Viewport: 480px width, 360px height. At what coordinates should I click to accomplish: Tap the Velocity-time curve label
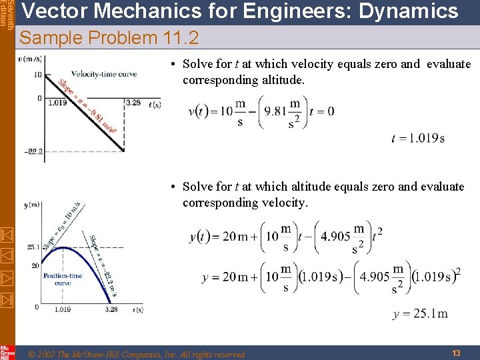coord(104,73)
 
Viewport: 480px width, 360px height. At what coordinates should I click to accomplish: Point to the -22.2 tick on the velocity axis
coord(33,151)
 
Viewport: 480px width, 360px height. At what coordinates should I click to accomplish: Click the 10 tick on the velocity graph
coord(38,74)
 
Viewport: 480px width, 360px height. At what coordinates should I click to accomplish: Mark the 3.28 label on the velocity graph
coord(133,103)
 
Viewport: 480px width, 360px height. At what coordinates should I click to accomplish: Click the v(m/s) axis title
coord(29,59)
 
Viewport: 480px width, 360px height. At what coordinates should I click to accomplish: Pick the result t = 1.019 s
coord(418,139)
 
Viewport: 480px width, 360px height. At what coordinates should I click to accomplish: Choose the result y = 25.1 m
coord(420,314)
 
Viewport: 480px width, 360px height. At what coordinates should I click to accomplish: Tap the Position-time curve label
coord(63,279)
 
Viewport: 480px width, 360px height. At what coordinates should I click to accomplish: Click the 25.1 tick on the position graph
coord(33,247)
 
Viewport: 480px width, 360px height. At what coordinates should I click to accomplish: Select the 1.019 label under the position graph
coord(63,310)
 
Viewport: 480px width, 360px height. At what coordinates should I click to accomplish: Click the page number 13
coord(456,353)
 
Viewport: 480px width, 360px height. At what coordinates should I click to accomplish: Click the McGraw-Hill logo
coord(7,352)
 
